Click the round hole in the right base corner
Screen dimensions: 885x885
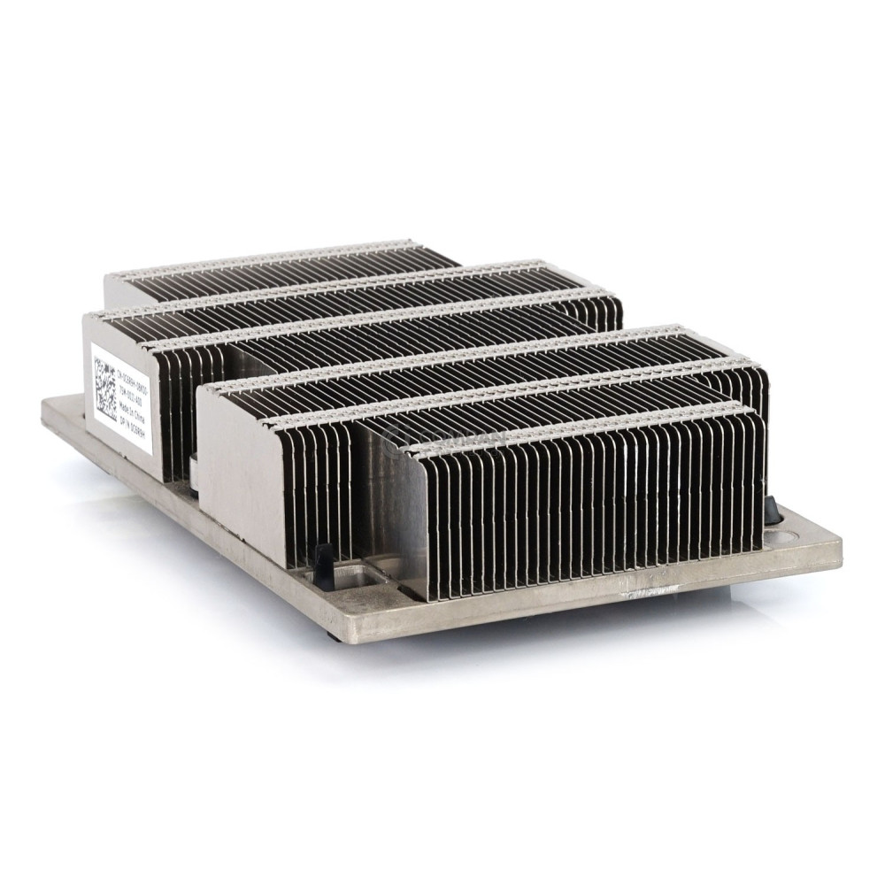point(783,535)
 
